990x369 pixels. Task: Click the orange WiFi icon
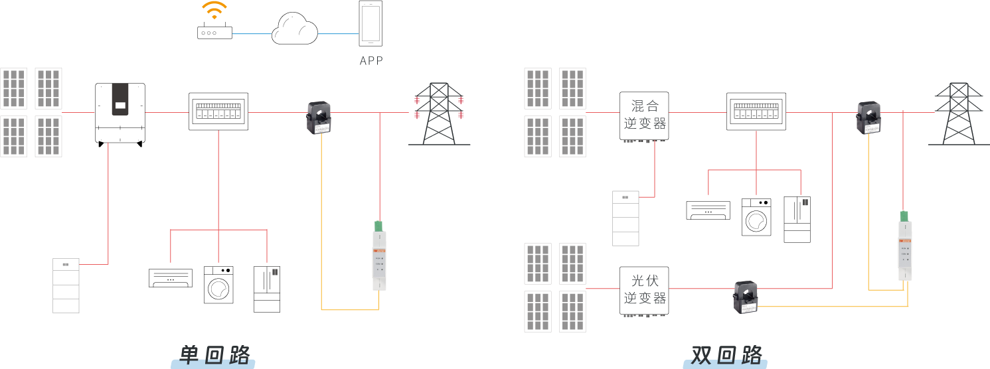214,9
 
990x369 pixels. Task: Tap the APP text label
371,61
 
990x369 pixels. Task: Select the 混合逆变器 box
644,115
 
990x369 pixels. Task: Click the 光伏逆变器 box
644,290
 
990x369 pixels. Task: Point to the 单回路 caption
214,355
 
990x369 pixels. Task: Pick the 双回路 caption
726,355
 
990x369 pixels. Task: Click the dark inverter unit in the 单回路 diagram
120,100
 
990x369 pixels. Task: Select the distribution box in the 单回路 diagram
218,111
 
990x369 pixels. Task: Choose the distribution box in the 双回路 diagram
756,111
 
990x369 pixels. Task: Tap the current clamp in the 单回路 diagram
318,117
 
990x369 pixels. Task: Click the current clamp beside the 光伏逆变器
745,297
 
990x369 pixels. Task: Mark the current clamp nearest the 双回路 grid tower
868,117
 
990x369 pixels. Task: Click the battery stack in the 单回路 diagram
66,285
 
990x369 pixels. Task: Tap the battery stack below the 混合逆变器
625,218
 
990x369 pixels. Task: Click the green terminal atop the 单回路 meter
379,226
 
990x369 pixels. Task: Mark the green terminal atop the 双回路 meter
904,216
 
